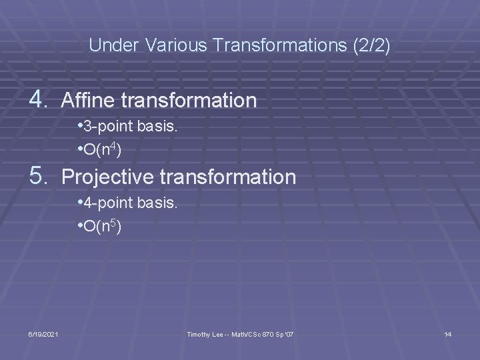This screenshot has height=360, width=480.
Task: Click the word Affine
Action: click(x=85, y=101)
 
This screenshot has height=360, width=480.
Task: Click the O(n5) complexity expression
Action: click(x=98, y=226)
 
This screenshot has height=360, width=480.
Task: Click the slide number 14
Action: click(x=448, y=333)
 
